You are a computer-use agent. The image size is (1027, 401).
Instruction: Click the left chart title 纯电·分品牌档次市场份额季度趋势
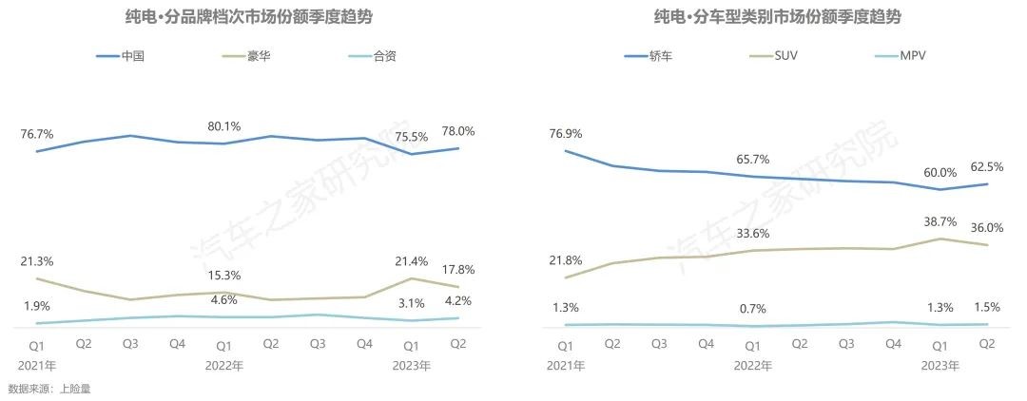pos(249,17)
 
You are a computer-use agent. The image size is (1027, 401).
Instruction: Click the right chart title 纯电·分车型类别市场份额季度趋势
pos(777,17)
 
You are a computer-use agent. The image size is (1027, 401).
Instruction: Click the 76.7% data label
pos(37,134)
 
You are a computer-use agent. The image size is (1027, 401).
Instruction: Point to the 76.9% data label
pos(566,133)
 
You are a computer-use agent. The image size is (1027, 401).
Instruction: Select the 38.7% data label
pos(940,220)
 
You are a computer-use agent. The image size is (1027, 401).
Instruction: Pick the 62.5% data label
pos(986,166)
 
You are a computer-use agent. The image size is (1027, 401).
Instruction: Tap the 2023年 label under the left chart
pos(412,365)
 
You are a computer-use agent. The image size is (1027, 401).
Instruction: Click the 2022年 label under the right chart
pos(753,365)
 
